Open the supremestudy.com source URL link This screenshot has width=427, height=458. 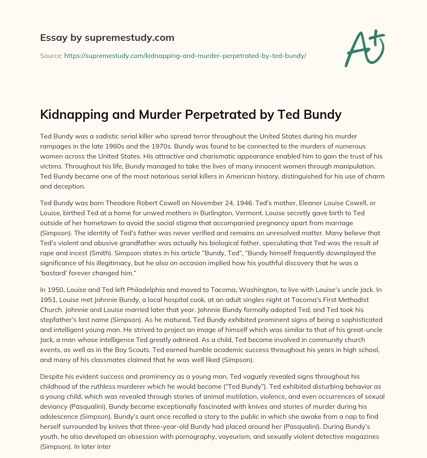(x=185, y=55)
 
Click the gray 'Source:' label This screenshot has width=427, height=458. (x=51, y=55)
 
